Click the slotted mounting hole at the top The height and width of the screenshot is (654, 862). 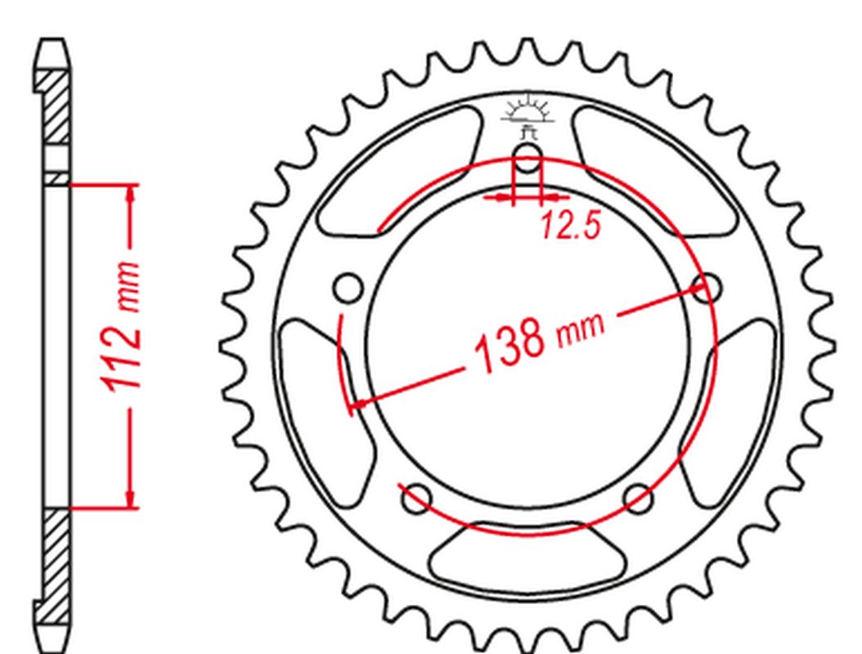click(528, 159)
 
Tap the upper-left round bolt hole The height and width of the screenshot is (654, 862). click(348, 288)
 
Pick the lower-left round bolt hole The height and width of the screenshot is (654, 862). click(417, 497)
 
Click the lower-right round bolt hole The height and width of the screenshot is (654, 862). click(638, 497)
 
